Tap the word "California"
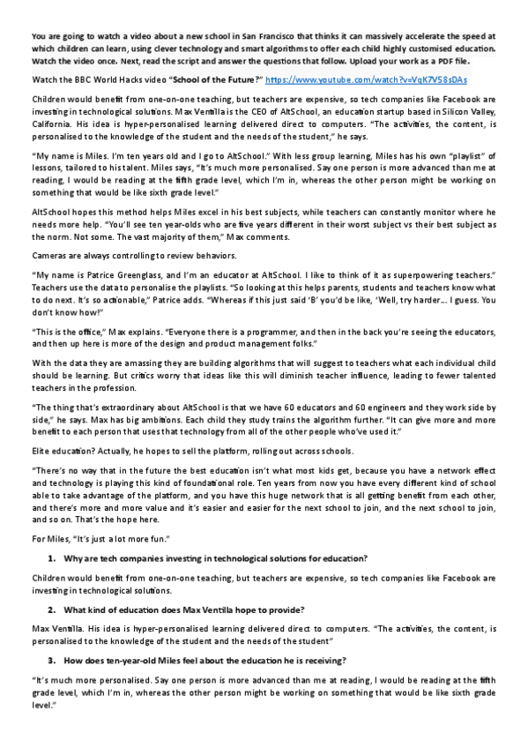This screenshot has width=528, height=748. tap(54, 130)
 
